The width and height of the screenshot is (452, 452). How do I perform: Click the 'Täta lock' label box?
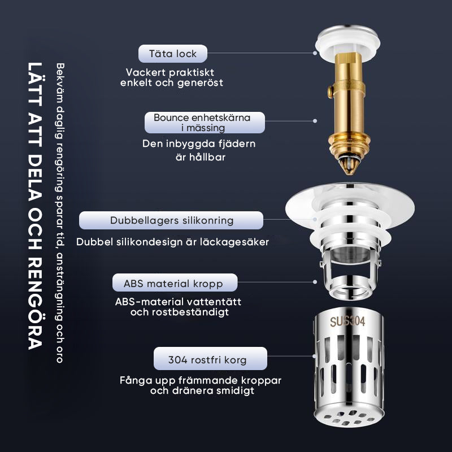pos(173,54)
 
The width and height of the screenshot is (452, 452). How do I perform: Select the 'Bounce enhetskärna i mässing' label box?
pos(205,123)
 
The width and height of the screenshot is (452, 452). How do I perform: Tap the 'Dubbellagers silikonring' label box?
pos(171,220)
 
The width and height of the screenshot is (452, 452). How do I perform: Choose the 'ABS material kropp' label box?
pos(175,282)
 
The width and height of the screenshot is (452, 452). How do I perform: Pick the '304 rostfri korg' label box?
pos(210,358)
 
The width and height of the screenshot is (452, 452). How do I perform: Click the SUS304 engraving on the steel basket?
pos(347,321)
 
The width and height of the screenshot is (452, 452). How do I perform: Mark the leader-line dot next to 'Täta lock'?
pos(315,53)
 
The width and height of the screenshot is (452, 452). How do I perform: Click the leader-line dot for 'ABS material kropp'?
pos(315,282)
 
